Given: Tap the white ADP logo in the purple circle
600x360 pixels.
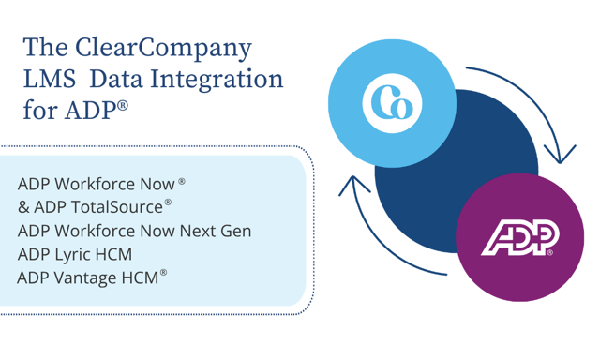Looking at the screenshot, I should click(x=519, y=238).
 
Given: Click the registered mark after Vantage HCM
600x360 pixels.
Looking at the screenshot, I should click(x=163, y=273).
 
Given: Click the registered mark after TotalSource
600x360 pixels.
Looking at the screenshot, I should click(x=168, y=201).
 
